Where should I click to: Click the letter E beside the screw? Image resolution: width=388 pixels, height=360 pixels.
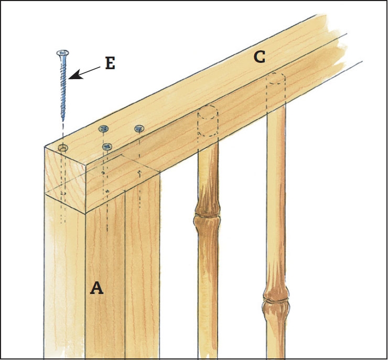[x=110, y=63]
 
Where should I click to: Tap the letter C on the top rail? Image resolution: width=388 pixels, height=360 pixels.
[x=260, y=57]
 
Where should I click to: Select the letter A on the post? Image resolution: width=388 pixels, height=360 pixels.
[x=96, y=288]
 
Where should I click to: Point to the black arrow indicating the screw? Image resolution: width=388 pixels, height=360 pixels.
[x=84, y=73]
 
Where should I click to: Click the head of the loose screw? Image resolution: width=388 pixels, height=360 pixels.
[x=62, y=53]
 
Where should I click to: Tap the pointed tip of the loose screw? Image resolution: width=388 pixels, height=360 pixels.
[x=63, y=120]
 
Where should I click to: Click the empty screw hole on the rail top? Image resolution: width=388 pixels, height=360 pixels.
[x=63, y=148]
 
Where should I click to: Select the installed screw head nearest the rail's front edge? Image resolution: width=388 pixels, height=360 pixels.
[x=107, y=147]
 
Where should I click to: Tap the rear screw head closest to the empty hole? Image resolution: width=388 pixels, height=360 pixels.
[x=103, y=129]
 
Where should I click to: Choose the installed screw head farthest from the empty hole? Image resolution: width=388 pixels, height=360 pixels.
[x=139, y=128]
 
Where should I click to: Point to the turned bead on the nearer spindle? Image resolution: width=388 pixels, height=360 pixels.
[x=207, y=215]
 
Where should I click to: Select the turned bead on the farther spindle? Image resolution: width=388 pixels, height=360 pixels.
[x=276, y=299]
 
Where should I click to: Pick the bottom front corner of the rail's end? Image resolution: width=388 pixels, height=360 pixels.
[x=85, y=213]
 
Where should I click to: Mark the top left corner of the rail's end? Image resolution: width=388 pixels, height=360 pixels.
[x=45, y=147]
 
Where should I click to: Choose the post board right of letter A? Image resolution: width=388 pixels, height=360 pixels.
[x=142, y=267]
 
